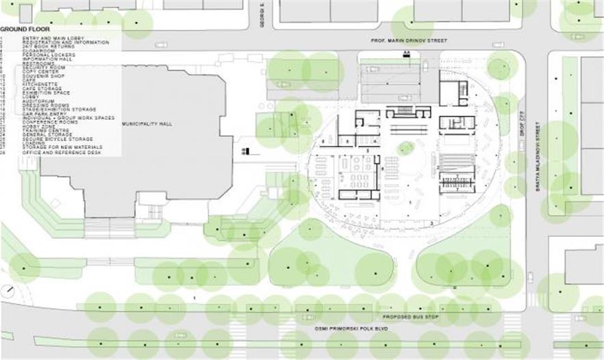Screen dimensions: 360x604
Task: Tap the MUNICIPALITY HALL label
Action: [x=147, y=124]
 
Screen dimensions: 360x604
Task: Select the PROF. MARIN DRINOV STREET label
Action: [x=408, y=41]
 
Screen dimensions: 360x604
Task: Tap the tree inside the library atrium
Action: [x=406, y=147]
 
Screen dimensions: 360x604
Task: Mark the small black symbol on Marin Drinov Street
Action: [x=407, y=53]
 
